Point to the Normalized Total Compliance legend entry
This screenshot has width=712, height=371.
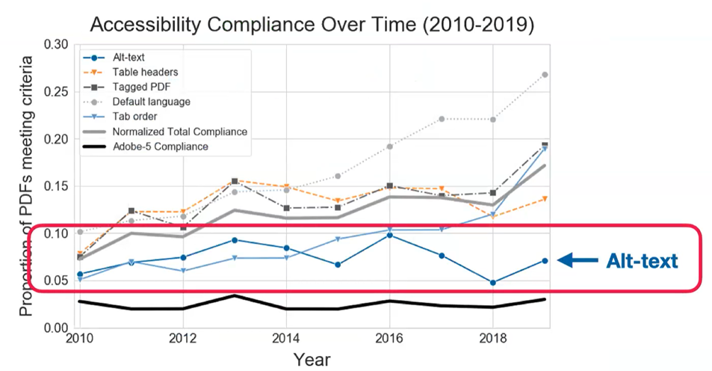[x=179, y=132]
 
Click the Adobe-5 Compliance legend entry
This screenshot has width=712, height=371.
[x=160, y=147]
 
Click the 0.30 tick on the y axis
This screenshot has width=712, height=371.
[x=55, y=44]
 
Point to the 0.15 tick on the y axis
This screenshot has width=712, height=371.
[x=55, y=186]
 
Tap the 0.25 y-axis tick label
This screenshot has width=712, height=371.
[x=55, y=91]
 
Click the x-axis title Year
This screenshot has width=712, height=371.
[x=312, y=359]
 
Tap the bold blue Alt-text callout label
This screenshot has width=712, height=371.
[x=643, y=260]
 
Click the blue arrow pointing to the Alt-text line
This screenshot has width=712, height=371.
[x=578, y=260]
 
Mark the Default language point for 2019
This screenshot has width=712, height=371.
[x=545, y=75]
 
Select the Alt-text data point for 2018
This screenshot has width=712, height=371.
[x=492, y=283]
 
